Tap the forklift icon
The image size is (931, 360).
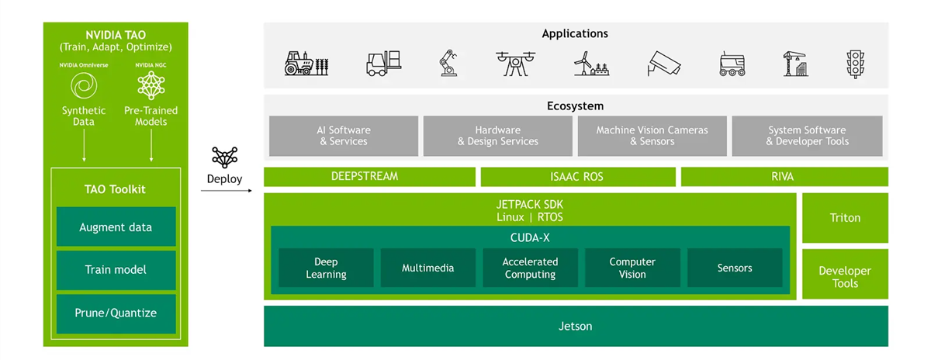[383, 63]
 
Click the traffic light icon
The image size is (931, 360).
[855, 63]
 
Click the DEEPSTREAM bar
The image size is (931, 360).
[369, 177]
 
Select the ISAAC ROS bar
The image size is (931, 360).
[577, 177]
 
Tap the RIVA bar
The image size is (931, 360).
[784, 177]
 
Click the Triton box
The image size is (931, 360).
[845, 218]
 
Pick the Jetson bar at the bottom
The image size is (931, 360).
[575, 326]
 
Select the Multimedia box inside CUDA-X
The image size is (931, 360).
[427, 268]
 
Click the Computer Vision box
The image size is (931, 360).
[632, 268]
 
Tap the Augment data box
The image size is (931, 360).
[116, 227]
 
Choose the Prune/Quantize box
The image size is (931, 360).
[116, 313]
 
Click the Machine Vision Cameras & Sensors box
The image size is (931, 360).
[652, 136]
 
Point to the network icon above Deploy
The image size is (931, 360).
[224, 157]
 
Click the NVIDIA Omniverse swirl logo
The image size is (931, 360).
[83, 85]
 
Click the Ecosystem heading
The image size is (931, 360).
[575, 106]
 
